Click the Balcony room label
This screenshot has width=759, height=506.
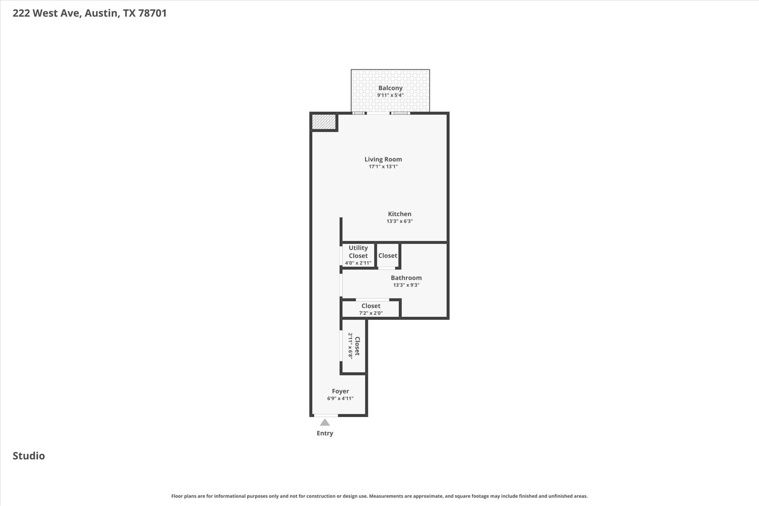(x=390, y=88)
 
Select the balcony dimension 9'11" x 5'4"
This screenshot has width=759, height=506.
(x=390, y=95)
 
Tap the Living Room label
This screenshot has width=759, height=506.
(x=383, y=159)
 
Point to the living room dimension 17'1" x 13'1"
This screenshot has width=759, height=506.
(x=383, y=167)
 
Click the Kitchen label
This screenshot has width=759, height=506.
(x=400, y=214)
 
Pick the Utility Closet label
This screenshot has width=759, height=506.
(x=358, y=252)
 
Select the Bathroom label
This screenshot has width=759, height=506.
(x=406, y=278)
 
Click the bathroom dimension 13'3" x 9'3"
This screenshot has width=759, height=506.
(x=406, y=285)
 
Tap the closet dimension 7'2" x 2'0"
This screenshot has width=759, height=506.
(x=371, y=313)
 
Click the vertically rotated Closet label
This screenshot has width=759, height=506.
(x=357, y=346)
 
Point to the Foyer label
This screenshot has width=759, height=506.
(x=340, y=391)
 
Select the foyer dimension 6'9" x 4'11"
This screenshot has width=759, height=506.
(x=340, y=398)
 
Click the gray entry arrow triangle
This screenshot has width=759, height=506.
(x=325, y=423)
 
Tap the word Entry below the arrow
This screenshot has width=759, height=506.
(x=325, y=433)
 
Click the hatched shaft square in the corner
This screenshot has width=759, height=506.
(x=324, y=122)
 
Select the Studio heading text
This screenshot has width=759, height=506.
(x=29, y=456)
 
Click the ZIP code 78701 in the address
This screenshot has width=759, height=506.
(x=152, y=13)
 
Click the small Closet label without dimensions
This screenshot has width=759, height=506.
(x=388, y=256)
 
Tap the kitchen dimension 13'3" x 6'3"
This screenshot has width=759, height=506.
(x=400, y=221)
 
